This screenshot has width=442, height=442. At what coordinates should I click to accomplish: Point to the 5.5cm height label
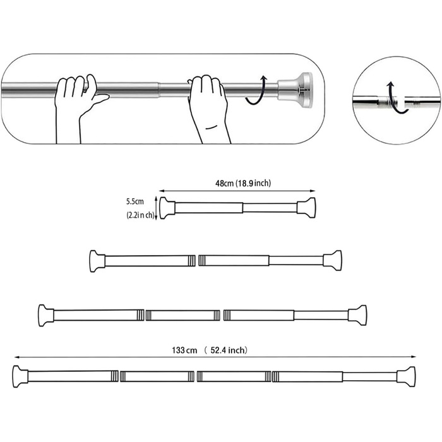[x=135, y=202]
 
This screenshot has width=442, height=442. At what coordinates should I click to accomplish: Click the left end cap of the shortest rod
[x=167, y=208]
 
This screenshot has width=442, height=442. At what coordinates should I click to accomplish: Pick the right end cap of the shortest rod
[x=306, y=208]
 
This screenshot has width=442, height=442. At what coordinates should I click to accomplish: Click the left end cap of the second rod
[x=97, y=261]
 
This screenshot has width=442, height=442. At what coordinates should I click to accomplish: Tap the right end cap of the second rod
[x=332, y=260]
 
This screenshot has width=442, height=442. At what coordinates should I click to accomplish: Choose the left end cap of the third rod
[x=46, y=315]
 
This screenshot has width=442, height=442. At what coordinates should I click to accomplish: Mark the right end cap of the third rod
[x=357, y=314]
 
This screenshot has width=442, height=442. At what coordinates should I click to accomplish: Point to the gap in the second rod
[x=196, y=261]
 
